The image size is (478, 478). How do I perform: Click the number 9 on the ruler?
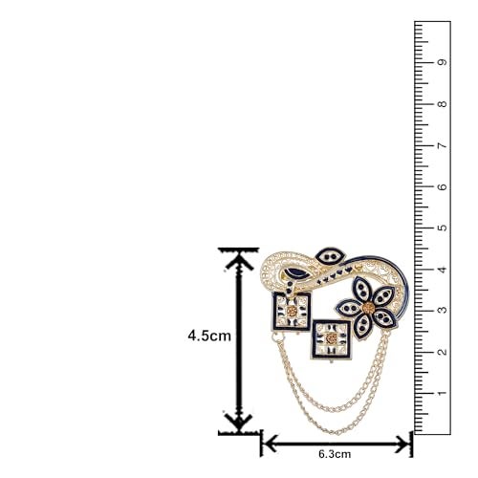click(443, 62)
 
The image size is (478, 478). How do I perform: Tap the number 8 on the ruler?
click(443, 104)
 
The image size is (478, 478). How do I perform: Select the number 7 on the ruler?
click(443, 145)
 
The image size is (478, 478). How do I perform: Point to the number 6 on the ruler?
click(443, 186)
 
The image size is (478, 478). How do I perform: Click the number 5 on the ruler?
click(443, 228)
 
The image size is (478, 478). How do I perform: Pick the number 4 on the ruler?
click(443, 270)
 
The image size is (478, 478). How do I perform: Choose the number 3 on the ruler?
click(443, 310)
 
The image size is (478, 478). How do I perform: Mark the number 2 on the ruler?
click(443, 352)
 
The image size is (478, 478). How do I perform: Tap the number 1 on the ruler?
click(443, 393)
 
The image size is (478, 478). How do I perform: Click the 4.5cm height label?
click(209, 336)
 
